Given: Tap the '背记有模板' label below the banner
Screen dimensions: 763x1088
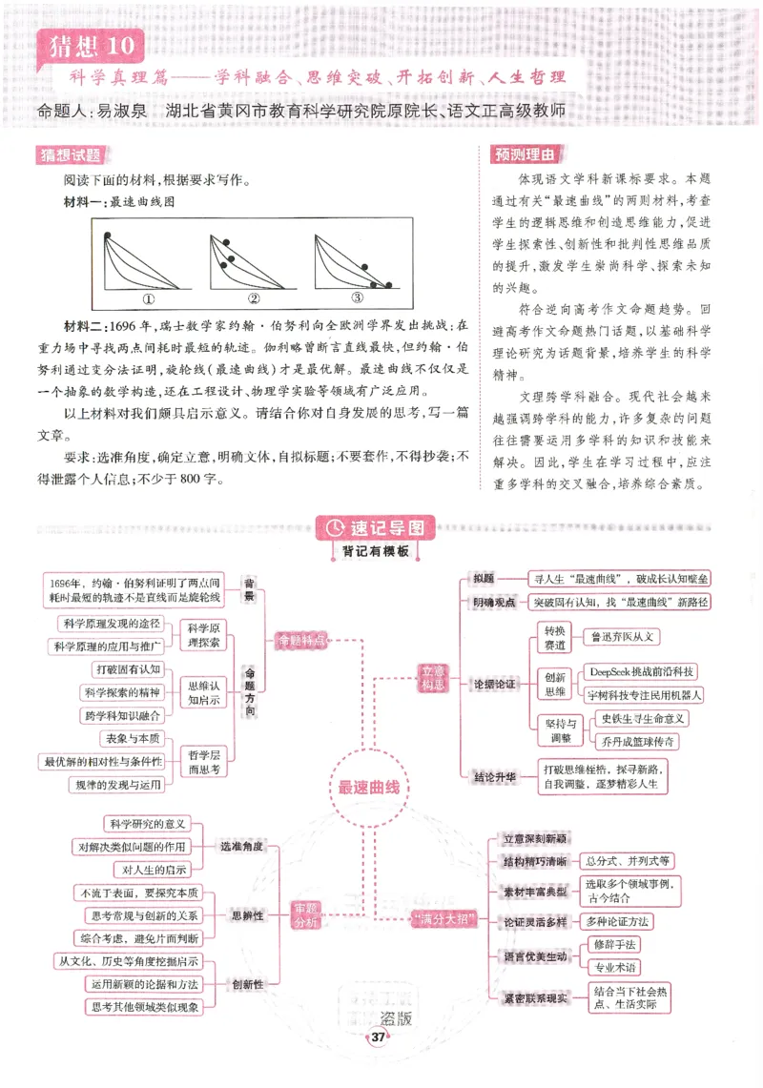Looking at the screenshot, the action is pyautogui.click(x=375, y=551).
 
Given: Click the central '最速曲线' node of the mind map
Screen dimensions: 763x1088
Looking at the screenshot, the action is pyautogui.click(x=368, y=788).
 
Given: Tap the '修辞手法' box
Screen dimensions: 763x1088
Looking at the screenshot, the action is pyautogui.click(x=614, y=943).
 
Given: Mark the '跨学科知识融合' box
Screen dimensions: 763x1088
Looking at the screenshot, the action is pyautogui.click(x=123, y=714).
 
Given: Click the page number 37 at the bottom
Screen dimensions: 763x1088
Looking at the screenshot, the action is pyautogui.click(x=379, y=1037).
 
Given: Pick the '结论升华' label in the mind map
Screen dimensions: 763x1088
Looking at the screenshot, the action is pyautogui.click(x=495, y=777).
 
